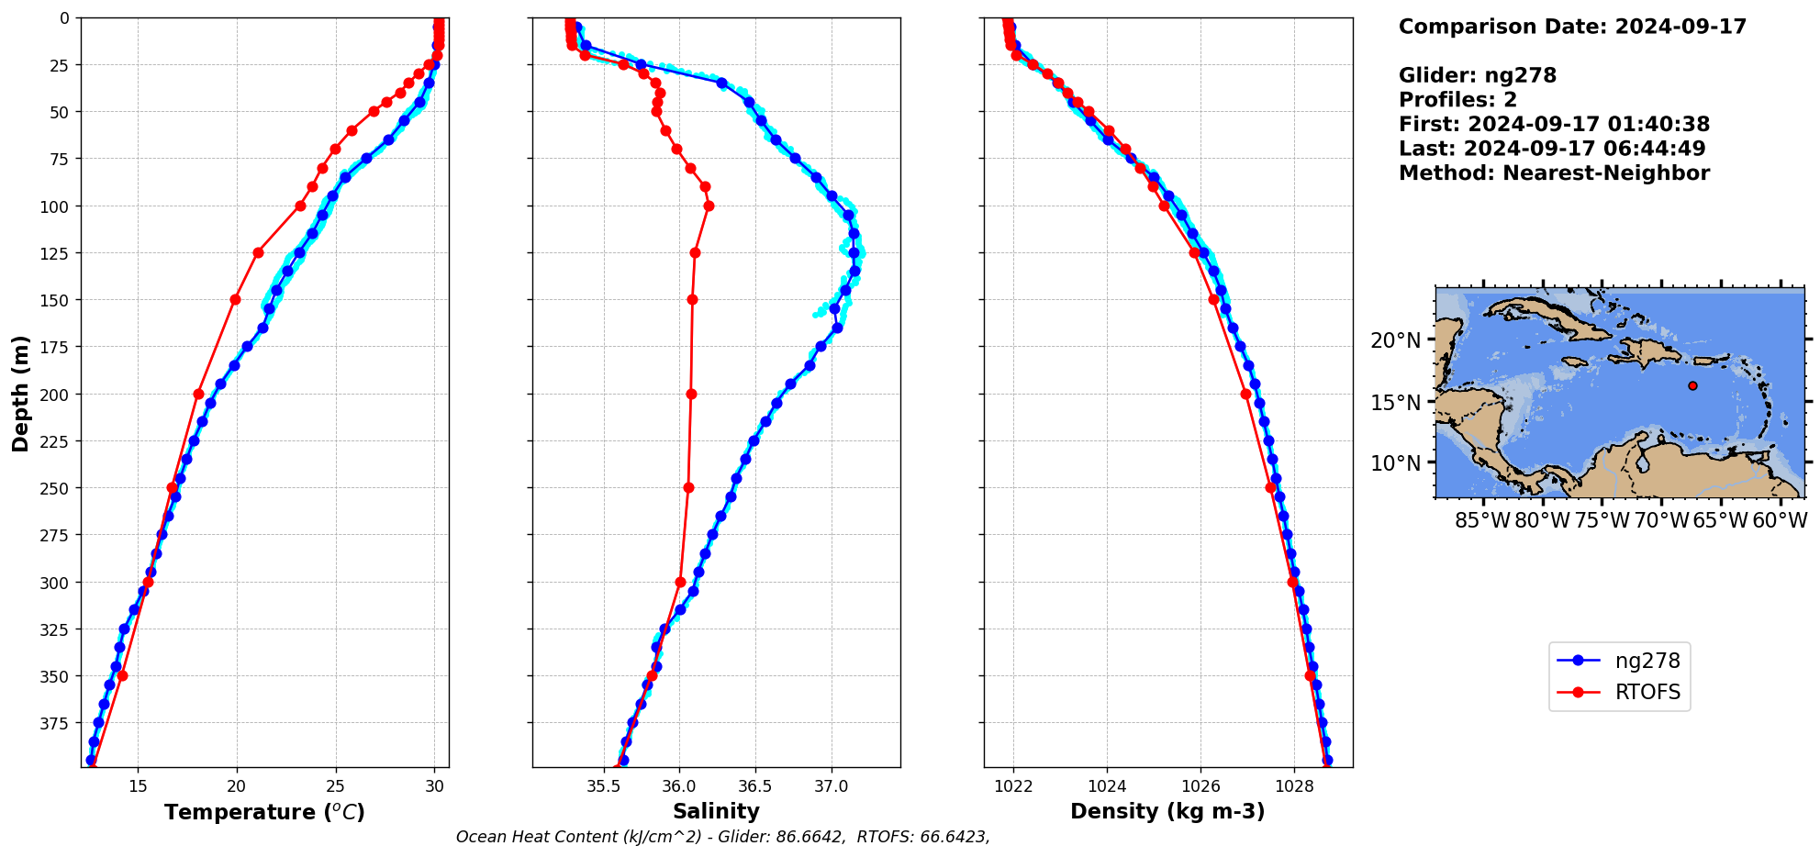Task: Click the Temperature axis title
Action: click(264, 812)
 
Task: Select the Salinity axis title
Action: click(716, 811)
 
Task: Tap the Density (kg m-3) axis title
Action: click(1167, 811)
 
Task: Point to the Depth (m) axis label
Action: click(20, 393)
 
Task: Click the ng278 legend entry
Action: click(1647, 661)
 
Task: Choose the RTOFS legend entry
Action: click(1647, 692)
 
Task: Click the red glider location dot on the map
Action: click(1692, 385)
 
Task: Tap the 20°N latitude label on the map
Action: click(1395, 340)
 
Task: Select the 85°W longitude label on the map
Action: click(1482, 520)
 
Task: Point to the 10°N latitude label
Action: click(1395, 463)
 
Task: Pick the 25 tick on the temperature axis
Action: click(335, 785)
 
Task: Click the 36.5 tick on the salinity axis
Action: click(755, 785)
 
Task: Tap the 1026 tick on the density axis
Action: click(1200, 785)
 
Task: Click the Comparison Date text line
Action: click(1572, 27)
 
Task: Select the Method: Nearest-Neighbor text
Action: click(1554, 173)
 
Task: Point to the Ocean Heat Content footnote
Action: click(722, 837)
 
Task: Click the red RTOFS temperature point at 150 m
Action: click(235, 299)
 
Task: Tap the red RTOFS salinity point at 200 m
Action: click(691, 394)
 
